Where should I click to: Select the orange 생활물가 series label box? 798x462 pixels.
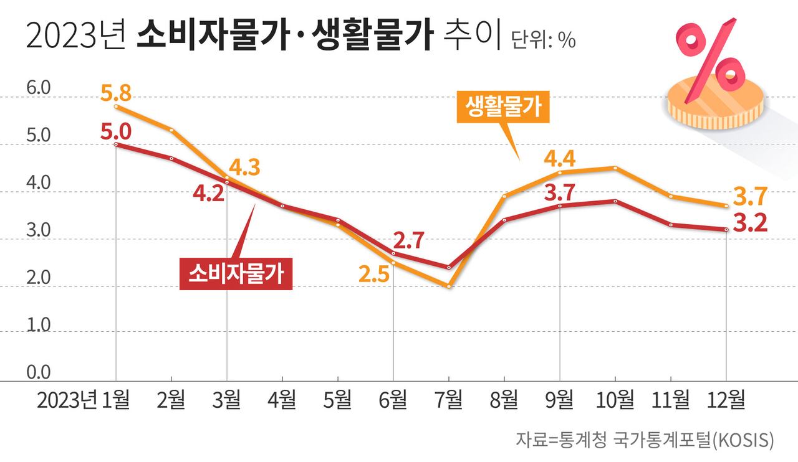[502, 108]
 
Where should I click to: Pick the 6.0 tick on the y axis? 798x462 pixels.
[38, 88]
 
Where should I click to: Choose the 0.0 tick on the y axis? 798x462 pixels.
[38, 372]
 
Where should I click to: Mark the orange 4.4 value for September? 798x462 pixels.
[559, 158]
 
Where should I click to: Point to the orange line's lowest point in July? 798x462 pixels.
[449, 286]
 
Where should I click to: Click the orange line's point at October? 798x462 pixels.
[615, 167]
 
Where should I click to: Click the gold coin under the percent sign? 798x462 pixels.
[714, 103]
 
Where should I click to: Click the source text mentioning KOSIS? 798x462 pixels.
[645, 440]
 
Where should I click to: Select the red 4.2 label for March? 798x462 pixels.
[209, 194]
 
